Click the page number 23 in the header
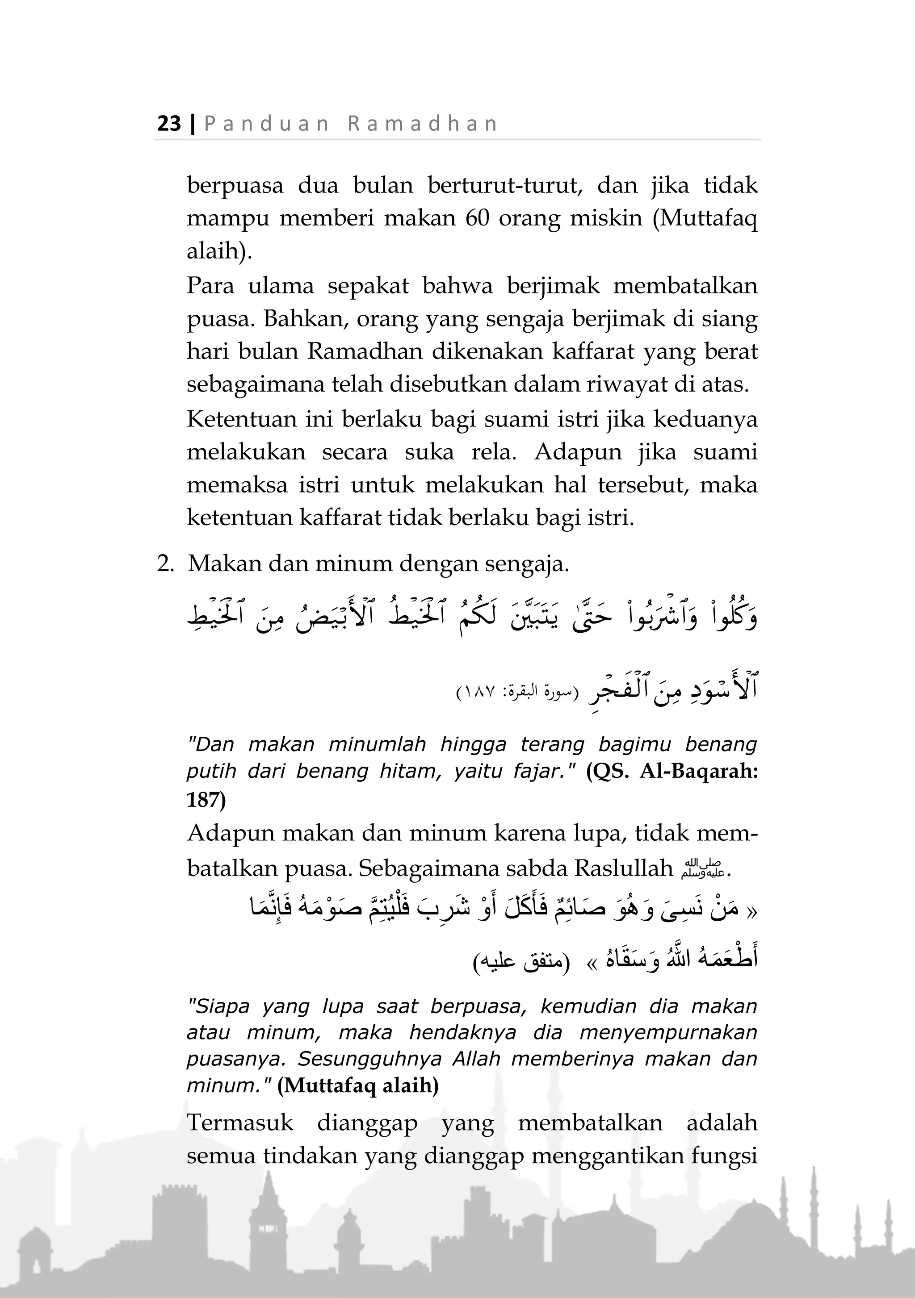click(x=169, y=123)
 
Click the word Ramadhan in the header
click(x=423, y=123)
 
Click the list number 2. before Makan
click(x=165, y=563)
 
